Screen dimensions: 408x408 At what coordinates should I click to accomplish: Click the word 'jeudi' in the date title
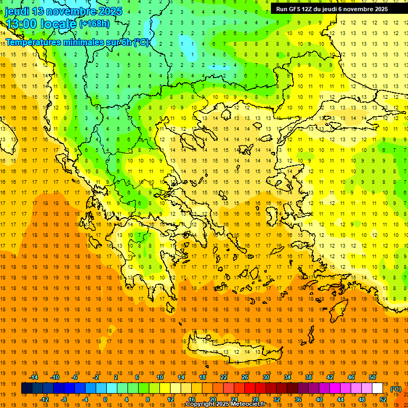tap(18, 11)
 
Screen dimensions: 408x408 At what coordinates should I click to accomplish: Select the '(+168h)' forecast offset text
tap(95, 23)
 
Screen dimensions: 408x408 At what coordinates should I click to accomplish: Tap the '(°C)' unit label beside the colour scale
tap(396, 389)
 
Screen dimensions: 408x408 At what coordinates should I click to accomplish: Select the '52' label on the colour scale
tap(383, 399)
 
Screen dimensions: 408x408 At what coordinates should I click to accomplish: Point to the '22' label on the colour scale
tap(224, 377)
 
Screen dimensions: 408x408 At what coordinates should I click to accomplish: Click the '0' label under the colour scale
tap(105, 399)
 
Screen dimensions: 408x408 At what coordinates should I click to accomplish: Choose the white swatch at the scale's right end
tap(378, 388)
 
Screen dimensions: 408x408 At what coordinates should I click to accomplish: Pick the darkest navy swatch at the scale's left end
tap(27, 388)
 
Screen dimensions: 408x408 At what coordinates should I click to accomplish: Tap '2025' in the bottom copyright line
tap(222, 404)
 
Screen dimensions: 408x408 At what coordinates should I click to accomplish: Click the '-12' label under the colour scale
tap(44, 399)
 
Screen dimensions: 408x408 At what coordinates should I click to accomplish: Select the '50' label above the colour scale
tap(372, 377)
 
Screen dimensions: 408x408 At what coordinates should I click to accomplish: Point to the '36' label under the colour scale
tap(298, 399)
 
